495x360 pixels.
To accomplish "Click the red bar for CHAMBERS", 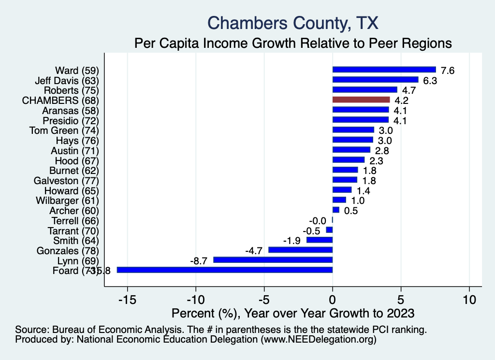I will tap(361, 100).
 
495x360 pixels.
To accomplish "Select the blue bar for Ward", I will tap(384, 70).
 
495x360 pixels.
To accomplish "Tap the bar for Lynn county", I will tap(273, 259).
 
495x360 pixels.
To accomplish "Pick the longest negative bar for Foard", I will tap(225, 270).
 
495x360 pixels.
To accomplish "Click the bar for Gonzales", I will tap(300, 250).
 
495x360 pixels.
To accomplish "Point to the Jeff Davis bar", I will tap(375, 80).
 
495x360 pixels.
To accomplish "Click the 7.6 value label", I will tap(448, 71).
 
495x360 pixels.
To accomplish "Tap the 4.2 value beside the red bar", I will tap(402, 101).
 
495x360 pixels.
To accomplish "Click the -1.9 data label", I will tap(292, 240).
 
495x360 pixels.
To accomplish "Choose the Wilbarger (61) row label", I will tap(67, 200).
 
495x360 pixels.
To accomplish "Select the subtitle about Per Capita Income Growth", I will tap(293, 43).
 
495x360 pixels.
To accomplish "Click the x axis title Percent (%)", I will tap(293, 313).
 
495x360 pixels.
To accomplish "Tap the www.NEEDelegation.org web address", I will tap(319, 340).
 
